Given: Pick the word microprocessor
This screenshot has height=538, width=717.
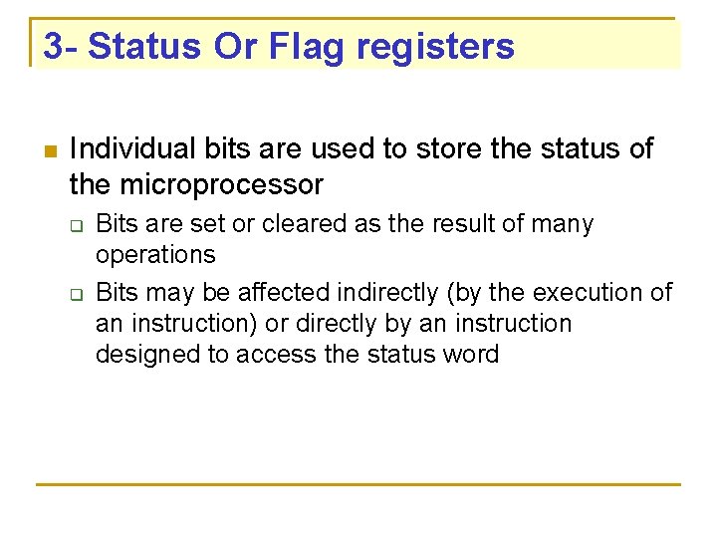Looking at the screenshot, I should pyautogui.click(x=221, y=184).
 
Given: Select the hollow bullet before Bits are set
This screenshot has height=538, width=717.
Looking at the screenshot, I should pyautogui.click(x=76, y=225).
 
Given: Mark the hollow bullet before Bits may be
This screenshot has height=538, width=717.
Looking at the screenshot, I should pyautogui.click(x=76, y=294).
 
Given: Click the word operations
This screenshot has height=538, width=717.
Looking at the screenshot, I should pyautogui.click(x=155, y=255).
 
